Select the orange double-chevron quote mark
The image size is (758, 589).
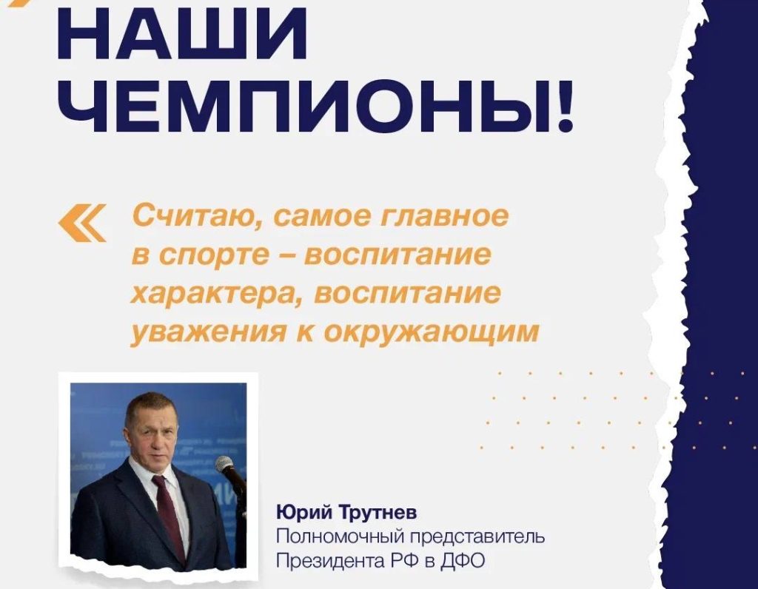[x=82, y=223]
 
